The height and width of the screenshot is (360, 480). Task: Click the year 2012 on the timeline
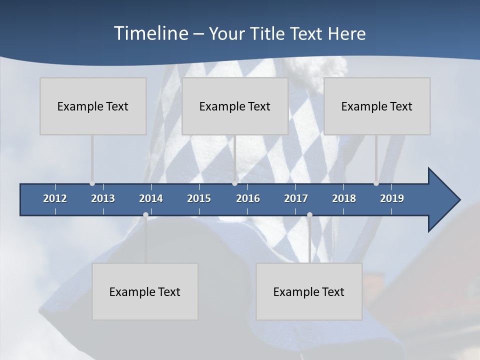pyautogui.click(x=55, y=198)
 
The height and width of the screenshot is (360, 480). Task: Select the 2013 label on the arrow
pyautogui.click(x=103, y=198)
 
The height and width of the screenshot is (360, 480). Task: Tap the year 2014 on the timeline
pyautogui.click(x=151, y=198)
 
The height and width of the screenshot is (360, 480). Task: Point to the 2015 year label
pyautogui.click(x=199, y=198)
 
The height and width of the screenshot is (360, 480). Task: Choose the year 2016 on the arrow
pyautogui.click(x=248, y=198)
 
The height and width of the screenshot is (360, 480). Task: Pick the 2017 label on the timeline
pyautogui.click(x=296, y=198)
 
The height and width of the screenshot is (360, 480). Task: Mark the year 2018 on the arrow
pyautogui.click(x=344, y=198)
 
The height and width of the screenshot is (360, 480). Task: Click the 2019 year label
pyautogui.click(x=392, y=198)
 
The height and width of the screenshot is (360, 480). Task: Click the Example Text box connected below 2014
pyautogui.click(x=145, y=291)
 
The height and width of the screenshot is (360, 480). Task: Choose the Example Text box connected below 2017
pyautogui.click(x=309, y=291)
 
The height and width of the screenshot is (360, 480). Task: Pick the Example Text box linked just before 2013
pyautogui.click(x=93, y=106)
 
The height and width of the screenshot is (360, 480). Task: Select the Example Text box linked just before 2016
pyautogui.click(x=235, y=106)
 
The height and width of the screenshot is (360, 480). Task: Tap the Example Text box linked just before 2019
pyautogui.click(x=377, y=106)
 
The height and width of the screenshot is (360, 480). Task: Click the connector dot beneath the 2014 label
pyautogui.click(x=145, y=215)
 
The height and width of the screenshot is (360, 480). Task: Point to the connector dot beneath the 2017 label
pyautogui.click(x=309, y=215)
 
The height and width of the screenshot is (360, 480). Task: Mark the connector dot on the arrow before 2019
pyautogui.click(x=376, y=183)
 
